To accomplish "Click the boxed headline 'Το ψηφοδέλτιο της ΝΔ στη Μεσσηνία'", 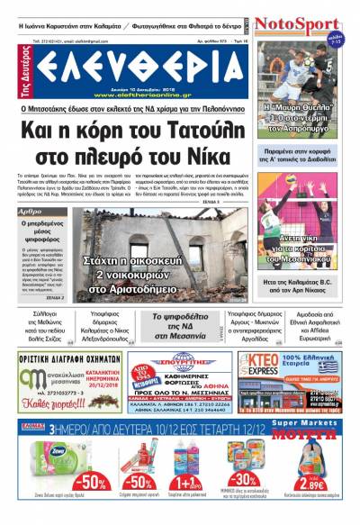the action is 181,323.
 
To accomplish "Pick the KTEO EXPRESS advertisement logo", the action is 262,368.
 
